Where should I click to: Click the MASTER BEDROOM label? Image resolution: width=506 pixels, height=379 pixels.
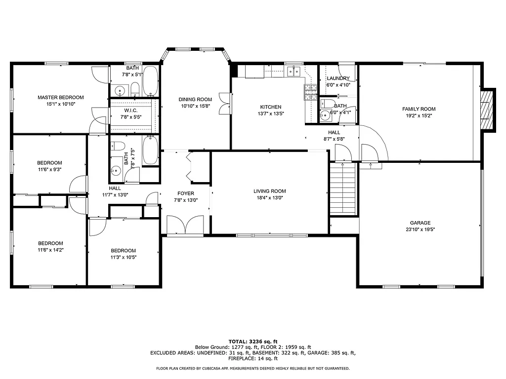point(61,97)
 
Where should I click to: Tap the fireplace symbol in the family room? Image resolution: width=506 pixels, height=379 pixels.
point(488,110)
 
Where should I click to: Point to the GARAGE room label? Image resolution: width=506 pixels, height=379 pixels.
point(420,223)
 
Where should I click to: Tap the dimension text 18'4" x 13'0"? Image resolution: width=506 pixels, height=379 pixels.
point(270,198)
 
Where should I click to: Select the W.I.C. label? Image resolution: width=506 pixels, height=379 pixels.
point(130,110)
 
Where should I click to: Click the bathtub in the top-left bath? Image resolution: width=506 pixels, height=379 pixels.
point(150,81)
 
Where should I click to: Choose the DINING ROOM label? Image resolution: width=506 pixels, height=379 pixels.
point(195,99)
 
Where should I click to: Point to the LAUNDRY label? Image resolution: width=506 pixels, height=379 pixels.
point(338,78)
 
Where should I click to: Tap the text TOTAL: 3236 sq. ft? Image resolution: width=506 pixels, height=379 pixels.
point(253,341)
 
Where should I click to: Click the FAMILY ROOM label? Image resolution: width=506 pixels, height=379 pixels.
point(419,109)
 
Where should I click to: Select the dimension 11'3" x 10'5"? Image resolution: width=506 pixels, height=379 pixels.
point(123,257)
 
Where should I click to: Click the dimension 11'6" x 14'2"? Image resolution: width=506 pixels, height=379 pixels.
point(51,250)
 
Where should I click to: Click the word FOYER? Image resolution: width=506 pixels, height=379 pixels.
point(186,193)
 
